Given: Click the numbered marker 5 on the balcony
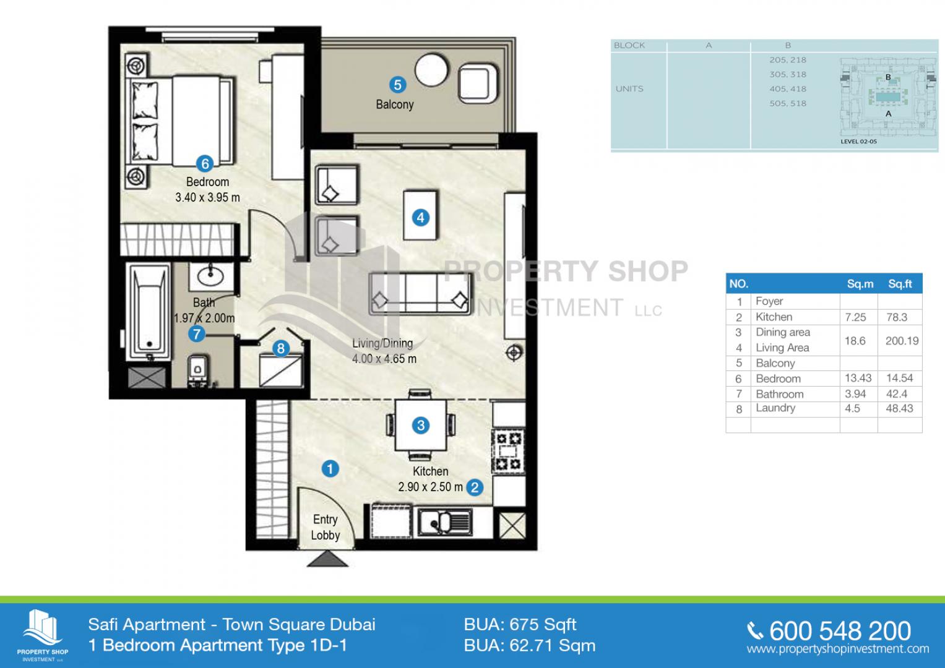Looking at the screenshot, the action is [397, 85].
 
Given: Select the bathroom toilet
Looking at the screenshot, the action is [197, 370].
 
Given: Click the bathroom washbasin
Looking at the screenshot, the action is [210, 276].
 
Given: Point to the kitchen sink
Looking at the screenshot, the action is [445, 522].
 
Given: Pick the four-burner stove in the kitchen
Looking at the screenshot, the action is [508, 450].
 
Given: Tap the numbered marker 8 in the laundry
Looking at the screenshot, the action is [281, 348].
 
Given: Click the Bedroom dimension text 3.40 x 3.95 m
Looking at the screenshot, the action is [207, 197].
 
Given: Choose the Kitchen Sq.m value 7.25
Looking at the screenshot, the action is [855, 317].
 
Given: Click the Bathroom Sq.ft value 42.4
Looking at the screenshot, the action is [897, 394].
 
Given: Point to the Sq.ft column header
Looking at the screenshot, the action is [900, 284].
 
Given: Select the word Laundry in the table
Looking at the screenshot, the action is [775, 408].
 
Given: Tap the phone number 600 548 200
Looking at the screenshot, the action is [840, 631].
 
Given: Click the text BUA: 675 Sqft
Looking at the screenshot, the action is [520, 625].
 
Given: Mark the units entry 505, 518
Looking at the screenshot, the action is [788, 103].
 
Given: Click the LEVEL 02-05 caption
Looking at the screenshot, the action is [858, 142].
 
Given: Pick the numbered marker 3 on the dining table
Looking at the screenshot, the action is [421, 426].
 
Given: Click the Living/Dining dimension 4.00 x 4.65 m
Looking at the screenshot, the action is [384, 359].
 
